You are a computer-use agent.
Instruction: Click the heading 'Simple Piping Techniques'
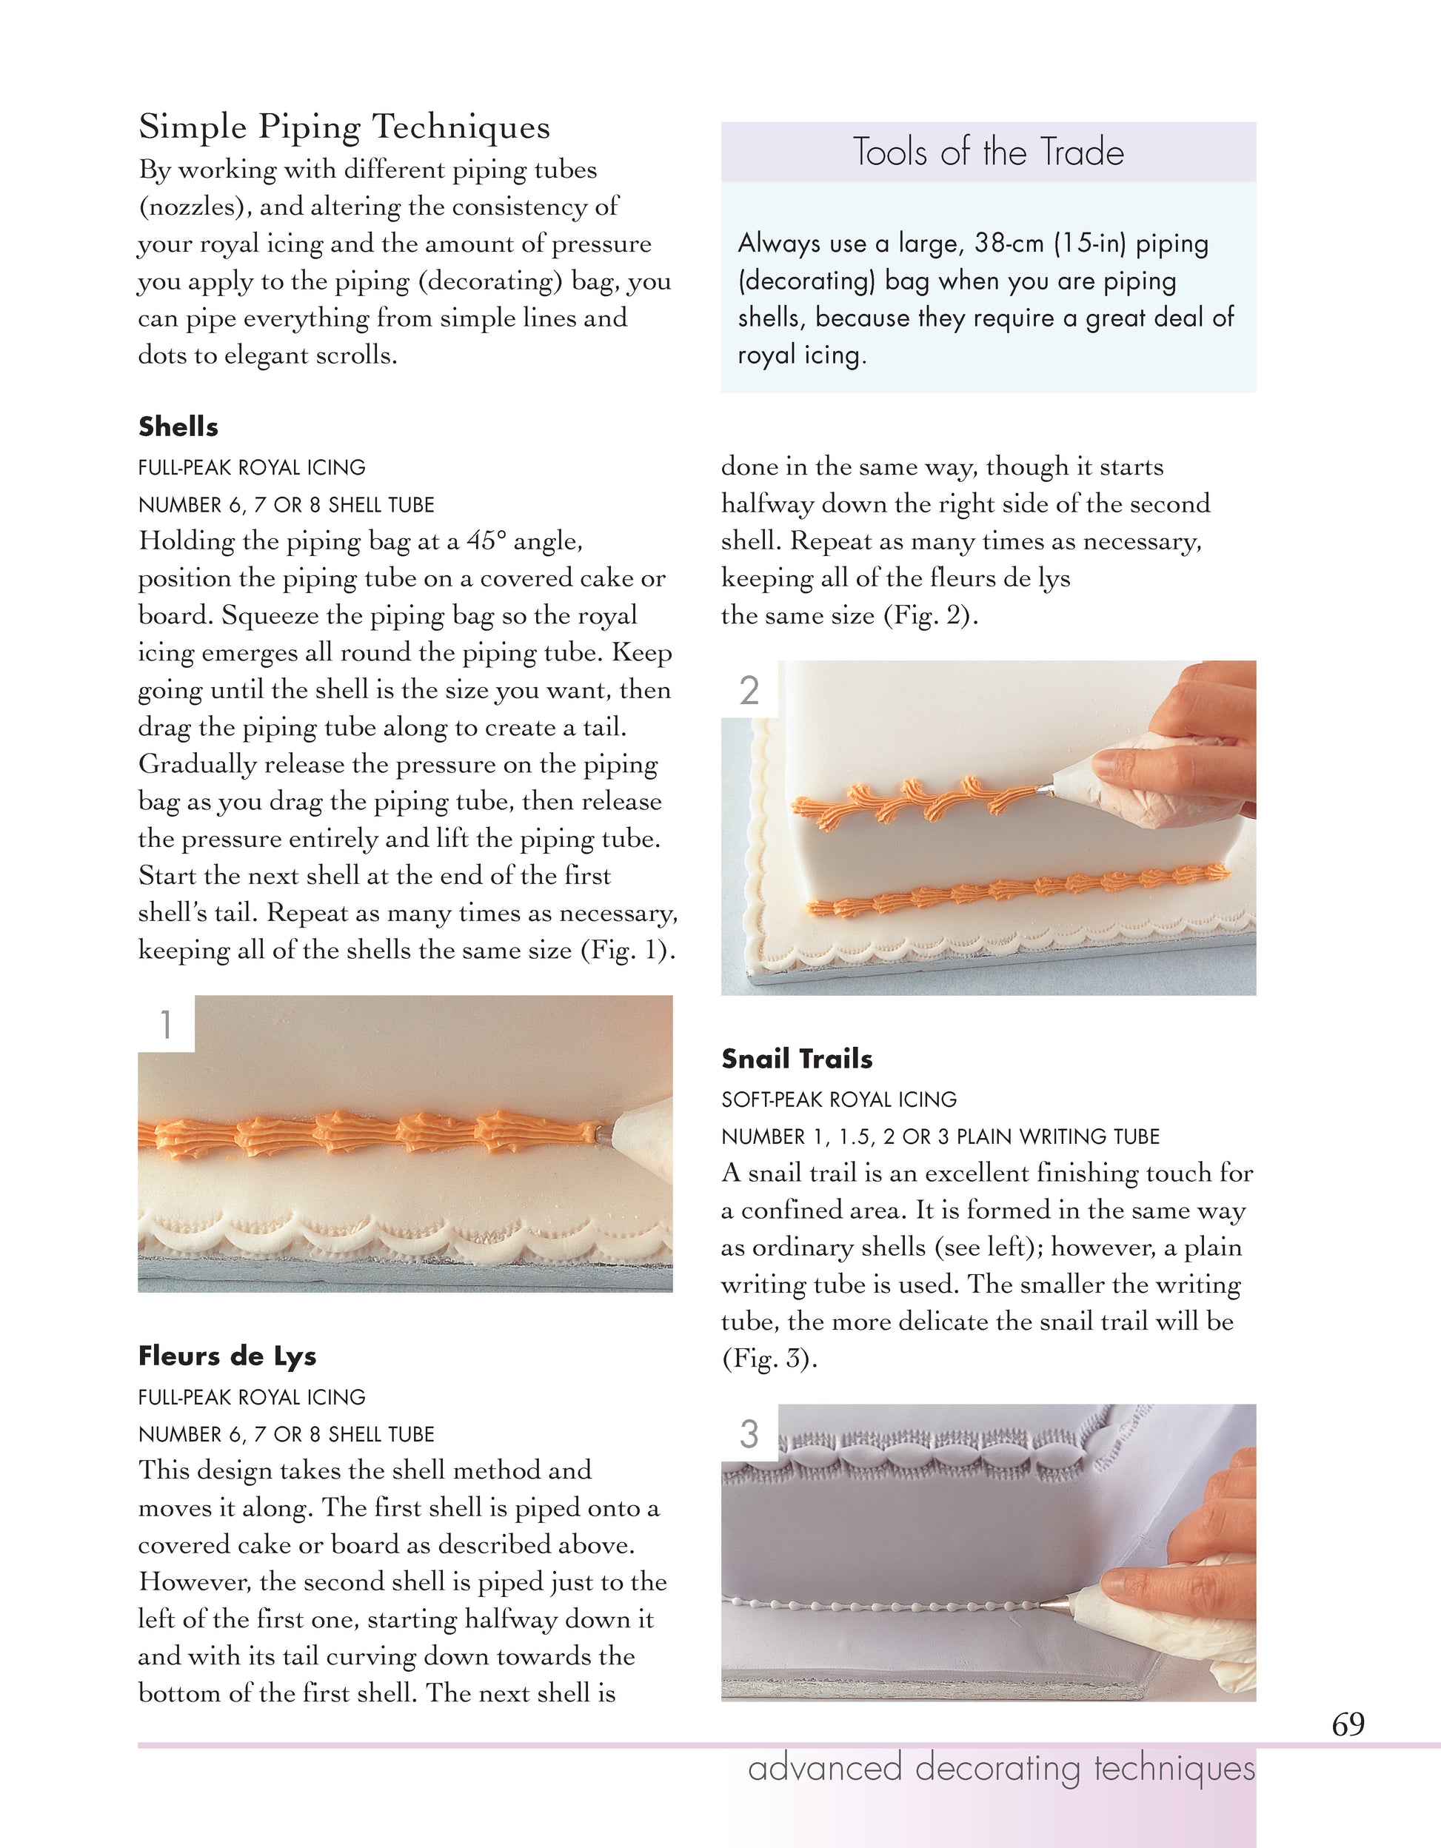[344, 127]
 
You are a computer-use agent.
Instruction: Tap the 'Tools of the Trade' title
[988, 153]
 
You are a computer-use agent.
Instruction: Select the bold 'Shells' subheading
[178, 426]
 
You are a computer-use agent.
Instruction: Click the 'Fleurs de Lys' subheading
[227, 1356]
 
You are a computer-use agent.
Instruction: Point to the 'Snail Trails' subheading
[796, 1059]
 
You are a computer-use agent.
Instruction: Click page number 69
[1348, 1724]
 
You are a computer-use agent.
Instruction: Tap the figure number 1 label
[166, 1025]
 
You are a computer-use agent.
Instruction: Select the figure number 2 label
[749, 691]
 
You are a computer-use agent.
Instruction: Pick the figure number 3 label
[749, 1434]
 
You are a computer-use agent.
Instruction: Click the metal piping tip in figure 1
[601, 1131]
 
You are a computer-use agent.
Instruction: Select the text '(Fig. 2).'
[931, 615]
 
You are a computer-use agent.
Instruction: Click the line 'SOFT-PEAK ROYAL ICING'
[838, 1099]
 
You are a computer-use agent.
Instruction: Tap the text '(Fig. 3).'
[769, 1359]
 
